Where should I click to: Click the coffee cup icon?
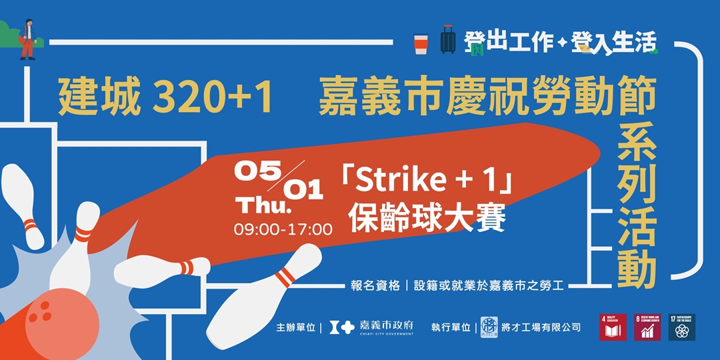tap(420, 43)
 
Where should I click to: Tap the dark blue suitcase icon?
tap(448, 40)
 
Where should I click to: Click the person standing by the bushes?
tap(27, 39)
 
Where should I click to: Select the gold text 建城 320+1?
tap(165, 98)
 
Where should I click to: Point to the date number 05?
tap(251, 171)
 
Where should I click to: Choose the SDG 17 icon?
tap(681, 327)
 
